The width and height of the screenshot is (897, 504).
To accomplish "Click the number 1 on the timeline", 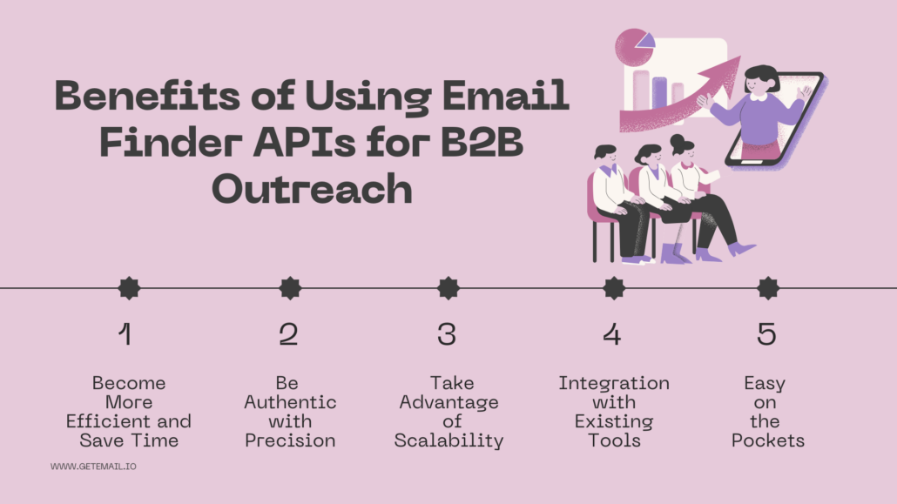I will pyautogui.click(x=126, y=334).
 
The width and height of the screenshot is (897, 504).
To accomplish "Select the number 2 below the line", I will pyautogui.click(x=288, y=334).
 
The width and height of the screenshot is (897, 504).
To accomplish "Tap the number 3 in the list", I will pyautogui.click(x=447, y=334).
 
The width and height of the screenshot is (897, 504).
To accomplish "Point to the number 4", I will pyautogui.click(x=613, y=334).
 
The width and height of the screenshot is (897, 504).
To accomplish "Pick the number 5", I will pyautogui.click(x=766, y=334).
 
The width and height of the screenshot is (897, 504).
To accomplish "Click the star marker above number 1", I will pyautogui.click(x=129, y=288).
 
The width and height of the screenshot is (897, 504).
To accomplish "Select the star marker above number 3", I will pyautogui.click(x=448, y=288).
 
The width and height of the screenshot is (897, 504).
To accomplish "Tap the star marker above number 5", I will pyautogui.click(x=768, y=288).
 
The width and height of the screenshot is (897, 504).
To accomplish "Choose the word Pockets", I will pyautogui.click(x=768, y=440).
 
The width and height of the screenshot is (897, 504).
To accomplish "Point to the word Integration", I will pyautogui.click(x=614, y=383).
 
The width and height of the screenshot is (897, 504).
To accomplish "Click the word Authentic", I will pyautogui.click(x=290, y=402).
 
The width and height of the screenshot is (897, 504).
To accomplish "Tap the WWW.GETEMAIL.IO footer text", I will pyautogui.click(x=93, y=467).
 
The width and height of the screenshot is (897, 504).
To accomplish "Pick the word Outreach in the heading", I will pyautogui.click(x=312, y=190).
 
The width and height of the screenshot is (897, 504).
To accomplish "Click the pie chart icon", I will pyautogui.click(x=634, y=47).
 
